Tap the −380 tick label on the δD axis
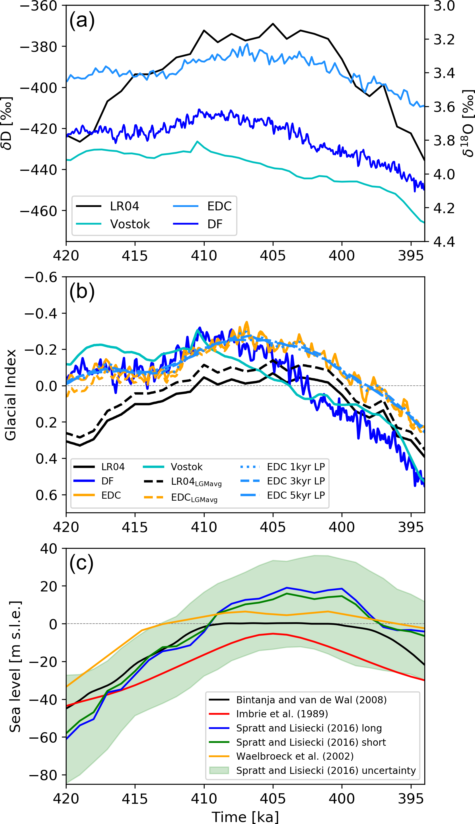click(x=39, y=47)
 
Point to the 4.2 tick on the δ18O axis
click(x=444, y=208)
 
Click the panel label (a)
click(x=82, y=20)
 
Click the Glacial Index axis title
click(x=11, y=395)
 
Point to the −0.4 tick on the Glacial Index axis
click(x=41, y=313)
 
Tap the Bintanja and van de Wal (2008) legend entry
click(x=311, y=700)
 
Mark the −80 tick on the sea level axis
click(x=43, y=775)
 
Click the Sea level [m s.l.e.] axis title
click(x=15, y=667)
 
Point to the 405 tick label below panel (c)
click(x=273, y=799)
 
